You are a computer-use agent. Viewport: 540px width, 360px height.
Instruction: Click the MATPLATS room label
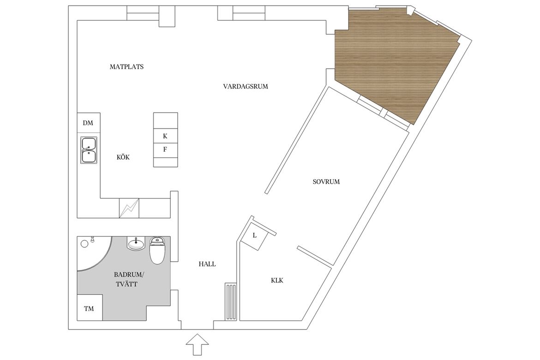pos(126,67)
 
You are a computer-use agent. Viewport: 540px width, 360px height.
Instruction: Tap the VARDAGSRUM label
pos(246,86)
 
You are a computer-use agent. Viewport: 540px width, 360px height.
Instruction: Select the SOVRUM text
pos(326,181)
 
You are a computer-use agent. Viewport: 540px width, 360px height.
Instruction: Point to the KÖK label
pos(123,157)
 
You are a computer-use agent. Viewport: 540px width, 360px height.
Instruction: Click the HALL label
pos(207,264)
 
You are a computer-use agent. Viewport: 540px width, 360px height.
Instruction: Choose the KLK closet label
pos(277,281)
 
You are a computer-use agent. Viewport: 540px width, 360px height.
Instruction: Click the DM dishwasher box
pos(89,123)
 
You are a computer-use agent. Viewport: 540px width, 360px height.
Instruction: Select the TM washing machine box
pos(90,308)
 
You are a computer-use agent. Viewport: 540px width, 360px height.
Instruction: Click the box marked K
pos(165,136)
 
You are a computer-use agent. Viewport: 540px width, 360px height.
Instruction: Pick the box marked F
pos(165,150)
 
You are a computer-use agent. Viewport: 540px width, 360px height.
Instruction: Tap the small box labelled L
pos(255,236)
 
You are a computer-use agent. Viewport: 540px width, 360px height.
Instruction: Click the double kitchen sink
pos(89,150)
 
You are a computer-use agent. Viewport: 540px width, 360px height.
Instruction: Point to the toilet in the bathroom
pos(158,250)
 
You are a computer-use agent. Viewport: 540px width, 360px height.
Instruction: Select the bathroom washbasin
pos(136,244)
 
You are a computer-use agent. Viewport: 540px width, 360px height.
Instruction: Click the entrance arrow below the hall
pos(198,344)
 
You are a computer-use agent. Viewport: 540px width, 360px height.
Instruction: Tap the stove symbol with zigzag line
pos(129,208)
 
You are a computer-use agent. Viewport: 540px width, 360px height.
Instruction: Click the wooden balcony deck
pos(396,62)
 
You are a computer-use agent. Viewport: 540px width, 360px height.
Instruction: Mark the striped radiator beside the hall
pos(231,302)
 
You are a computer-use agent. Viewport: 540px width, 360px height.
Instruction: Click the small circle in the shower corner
pos(84,244)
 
